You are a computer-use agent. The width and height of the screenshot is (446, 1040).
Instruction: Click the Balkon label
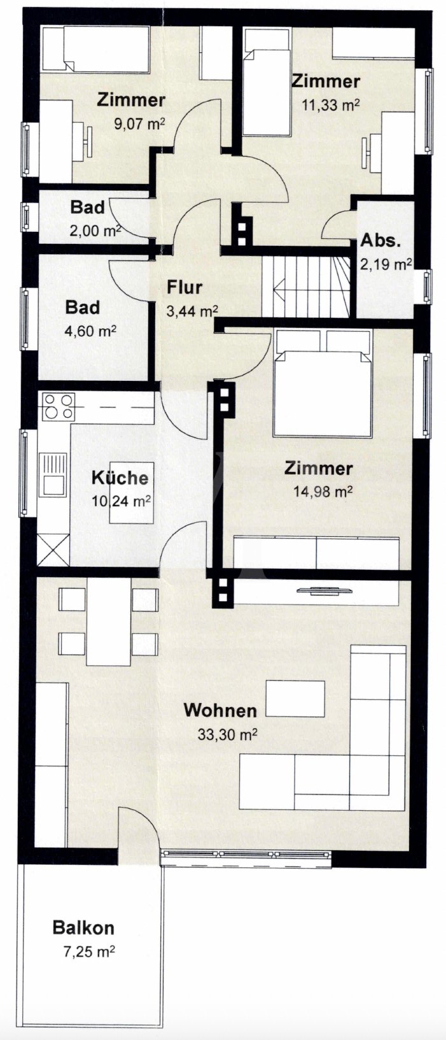point(83,928)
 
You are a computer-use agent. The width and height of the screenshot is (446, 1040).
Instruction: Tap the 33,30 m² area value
point(227,734)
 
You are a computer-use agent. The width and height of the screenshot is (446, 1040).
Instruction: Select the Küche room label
point(120,478)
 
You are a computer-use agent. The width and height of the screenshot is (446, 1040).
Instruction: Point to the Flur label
point(185,287)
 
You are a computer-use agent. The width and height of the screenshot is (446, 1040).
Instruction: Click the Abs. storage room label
point(381,241)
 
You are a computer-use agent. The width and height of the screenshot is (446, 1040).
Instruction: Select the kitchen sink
point(53,473)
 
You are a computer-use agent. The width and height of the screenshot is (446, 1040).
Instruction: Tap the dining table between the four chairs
point(108,622)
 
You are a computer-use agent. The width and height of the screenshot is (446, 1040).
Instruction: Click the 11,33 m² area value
point(330,105)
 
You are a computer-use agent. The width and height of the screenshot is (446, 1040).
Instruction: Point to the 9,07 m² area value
point(139,124)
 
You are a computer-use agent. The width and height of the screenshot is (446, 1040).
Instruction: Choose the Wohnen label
point(220,710)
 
